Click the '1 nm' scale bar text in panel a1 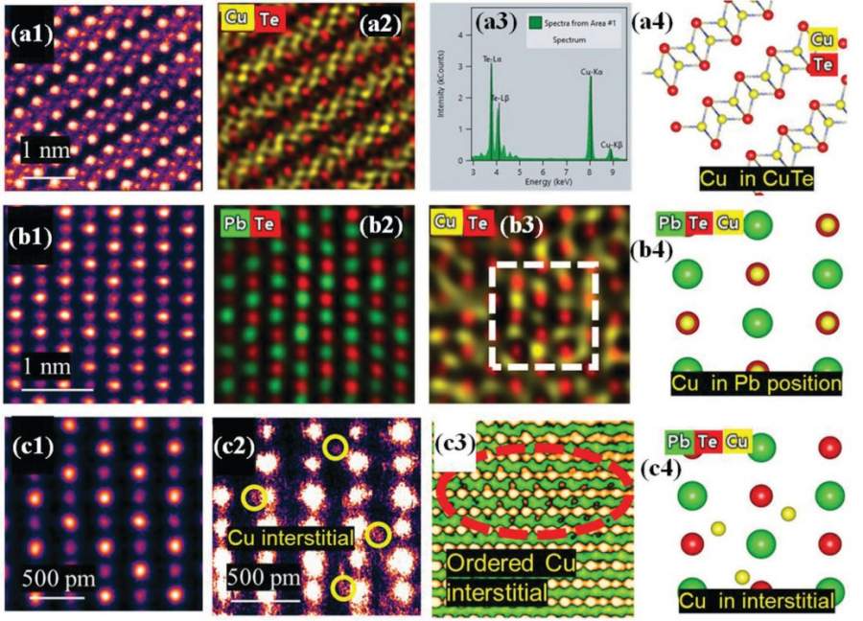[x=48, y=151]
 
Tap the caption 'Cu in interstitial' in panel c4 [x=757, y=601]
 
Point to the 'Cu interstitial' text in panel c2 [x=294, y=535]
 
